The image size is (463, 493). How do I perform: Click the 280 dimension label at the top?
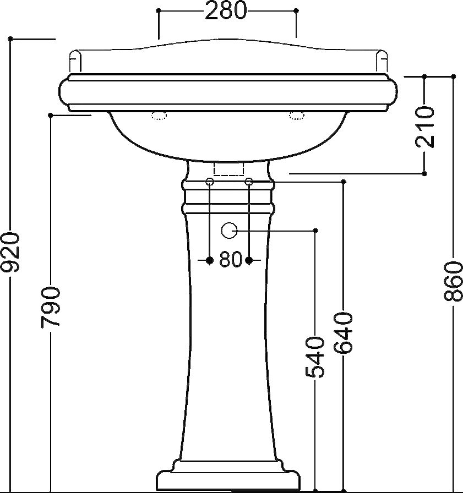[226, 10]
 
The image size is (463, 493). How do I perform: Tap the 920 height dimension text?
[10, 252]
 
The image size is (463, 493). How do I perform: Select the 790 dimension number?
[50, 306]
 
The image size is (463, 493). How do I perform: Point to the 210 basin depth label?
[424, 127]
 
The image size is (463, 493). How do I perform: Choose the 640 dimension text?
[343, 333]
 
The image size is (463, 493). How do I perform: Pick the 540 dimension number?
[315, 357]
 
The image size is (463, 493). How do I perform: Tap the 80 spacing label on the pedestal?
[231, 260]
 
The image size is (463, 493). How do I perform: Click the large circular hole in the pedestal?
[229, 231]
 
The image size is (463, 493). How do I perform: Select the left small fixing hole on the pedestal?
[210, 182]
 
